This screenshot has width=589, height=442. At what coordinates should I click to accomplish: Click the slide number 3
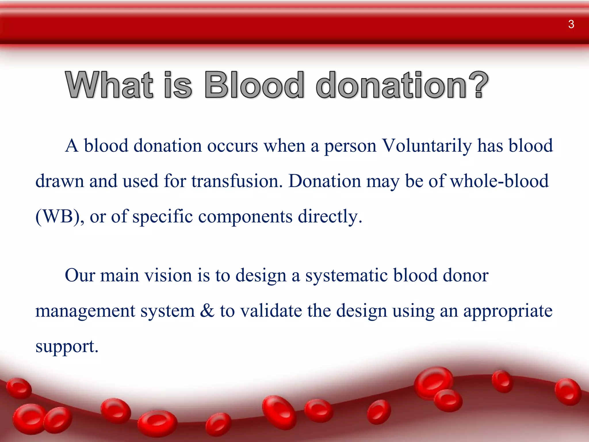coord(571,24)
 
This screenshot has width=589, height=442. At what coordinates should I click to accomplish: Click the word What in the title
coord(109,85)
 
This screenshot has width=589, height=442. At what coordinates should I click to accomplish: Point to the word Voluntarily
coord(427,146)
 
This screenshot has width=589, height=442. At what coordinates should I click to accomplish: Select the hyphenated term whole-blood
coord(499,181)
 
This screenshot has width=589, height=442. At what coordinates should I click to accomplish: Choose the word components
coord(245,217)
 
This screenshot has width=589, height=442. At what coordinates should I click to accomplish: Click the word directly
coord(330,217)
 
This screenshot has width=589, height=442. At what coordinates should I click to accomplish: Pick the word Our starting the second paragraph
coord(80,275)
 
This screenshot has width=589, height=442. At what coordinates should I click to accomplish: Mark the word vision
coord(168,275)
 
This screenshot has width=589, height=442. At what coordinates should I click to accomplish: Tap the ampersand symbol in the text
coord(207,311)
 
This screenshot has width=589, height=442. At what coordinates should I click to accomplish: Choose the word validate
coord(271,311)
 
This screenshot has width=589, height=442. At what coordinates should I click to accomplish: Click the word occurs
coord(232,146)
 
